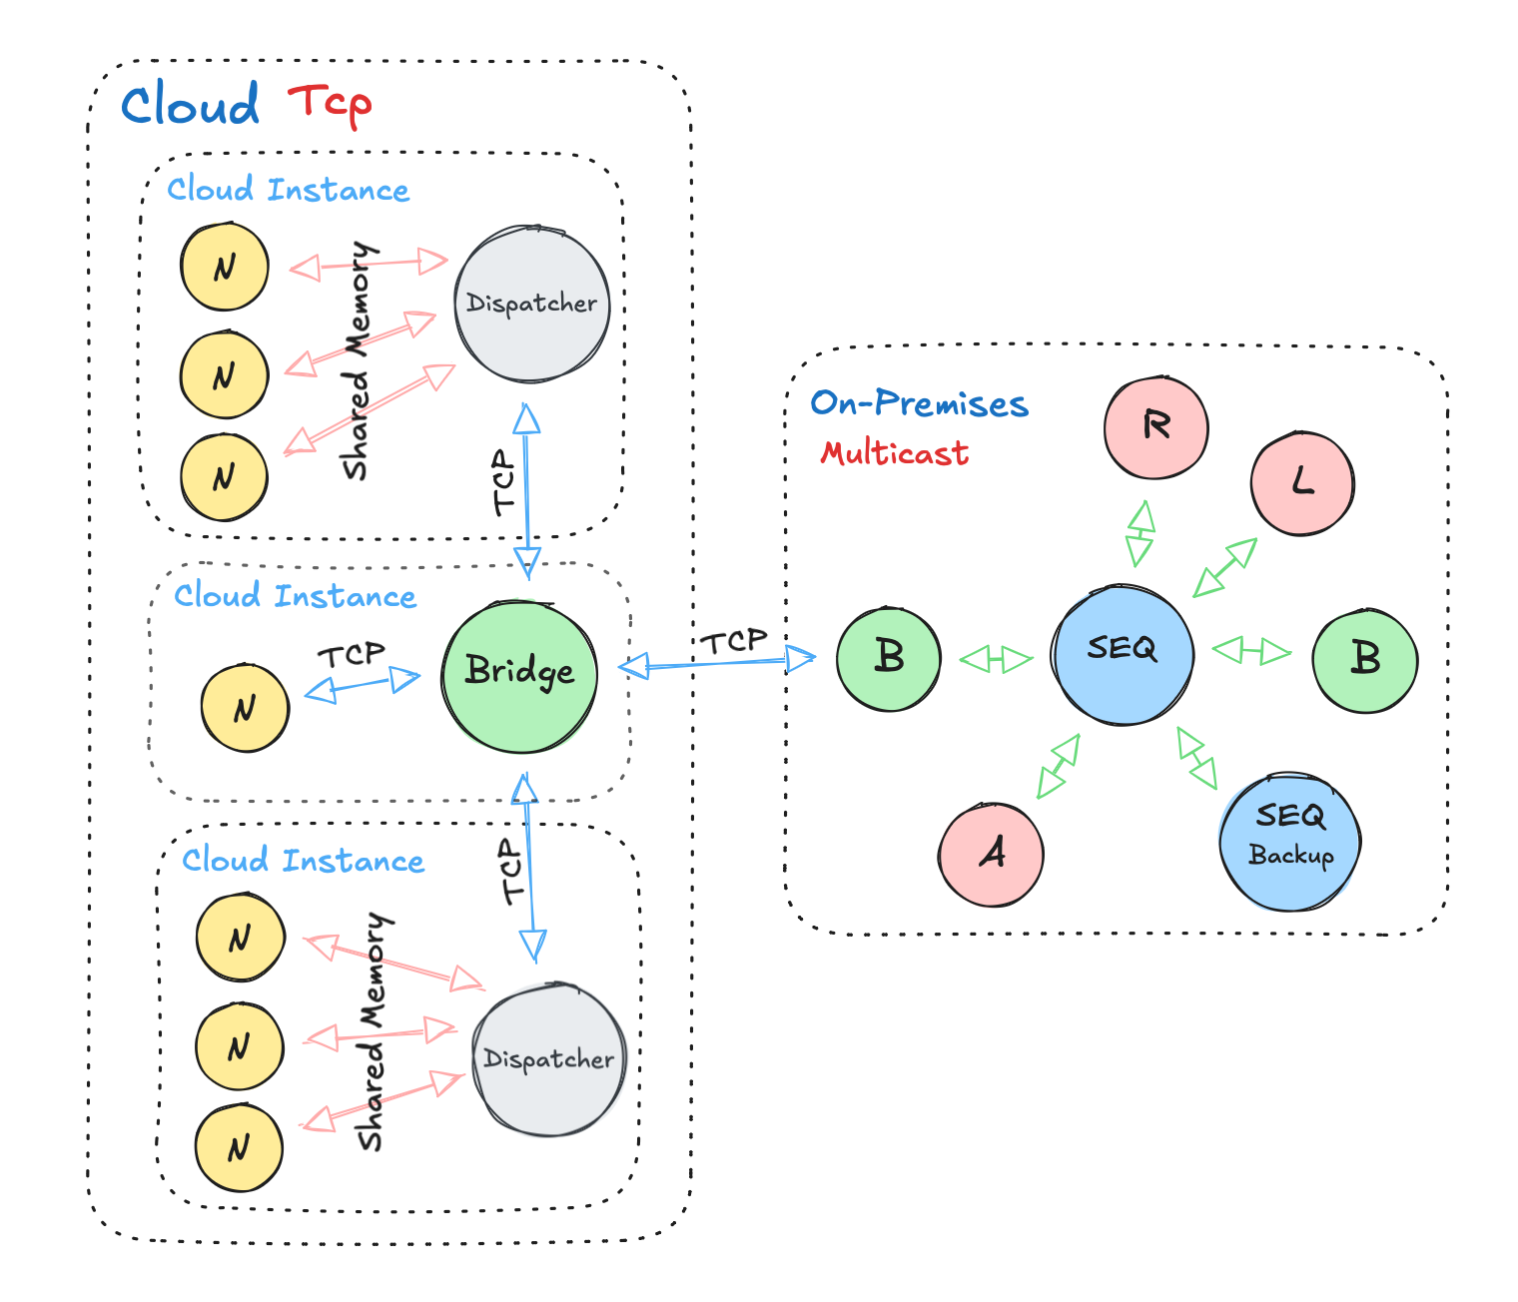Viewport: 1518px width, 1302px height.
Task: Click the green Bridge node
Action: point(519,676)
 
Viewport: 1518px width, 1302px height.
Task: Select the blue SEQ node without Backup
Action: point(1123,654)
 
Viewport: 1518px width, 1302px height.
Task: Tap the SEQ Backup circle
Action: point(1290,841)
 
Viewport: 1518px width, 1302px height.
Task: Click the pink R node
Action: point(1155,427)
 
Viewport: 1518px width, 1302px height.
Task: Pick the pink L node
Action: point(1301,484)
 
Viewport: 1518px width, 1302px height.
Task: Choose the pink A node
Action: point(991,855)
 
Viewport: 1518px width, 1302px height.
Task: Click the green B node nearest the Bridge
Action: point(888,659)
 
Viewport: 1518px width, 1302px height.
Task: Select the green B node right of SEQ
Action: point(1364,660)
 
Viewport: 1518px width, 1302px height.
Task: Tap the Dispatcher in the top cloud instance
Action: point(531,304)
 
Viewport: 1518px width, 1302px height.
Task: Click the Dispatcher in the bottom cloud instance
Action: point(548,1059)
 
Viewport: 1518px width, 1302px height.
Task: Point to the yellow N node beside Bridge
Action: point(245,708)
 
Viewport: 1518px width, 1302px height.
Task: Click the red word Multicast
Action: point(894,454)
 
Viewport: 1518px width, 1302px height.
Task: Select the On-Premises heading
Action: point(919,403)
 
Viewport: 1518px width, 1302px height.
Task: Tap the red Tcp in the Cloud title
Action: point(330,104)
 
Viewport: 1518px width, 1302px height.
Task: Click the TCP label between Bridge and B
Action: point(733,641)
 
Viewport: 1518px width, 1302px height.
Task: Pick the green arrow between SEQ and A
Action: point(1059,766)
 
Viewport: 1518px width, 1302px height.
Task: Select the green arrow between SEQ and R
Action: point(1139,534)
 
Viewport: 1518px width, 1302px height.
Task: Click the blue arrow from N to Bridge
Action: point(363,685)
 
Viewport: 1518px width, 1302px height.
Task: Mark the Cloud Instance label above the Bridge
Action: point(295,596)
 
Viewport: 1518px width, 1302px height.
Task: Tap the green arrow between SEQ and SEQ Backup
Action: point(1196,759)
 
